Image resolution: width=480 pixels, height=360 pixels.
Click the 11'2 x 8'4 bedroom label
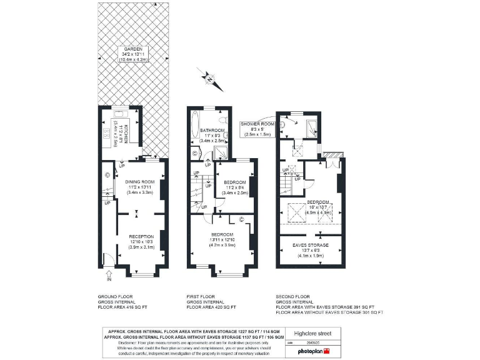[x=234, y=187]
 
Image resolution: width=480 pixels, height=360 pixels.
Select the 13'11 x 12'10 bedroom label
[x=223, y=238]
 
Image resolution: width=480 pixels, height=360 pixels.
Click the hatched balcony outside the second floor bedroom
[x=334, y=154]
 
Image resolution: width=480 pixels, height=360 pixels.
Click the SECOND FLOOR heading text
[x=294, y=296]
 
